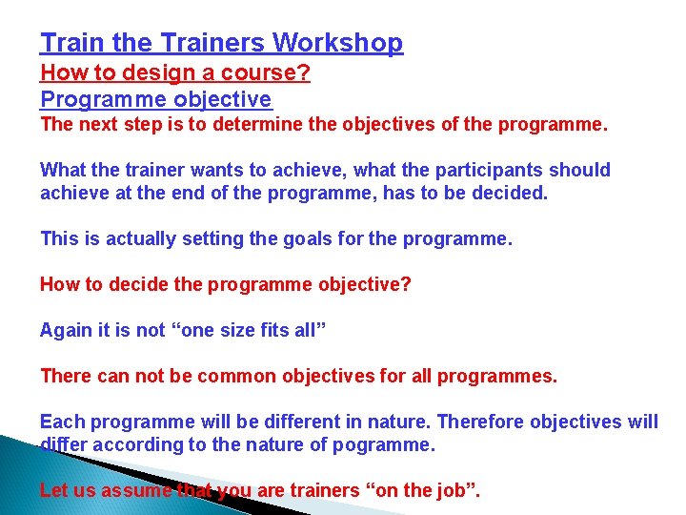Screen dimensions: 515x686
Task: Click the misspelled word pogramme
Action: [385, 444]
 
